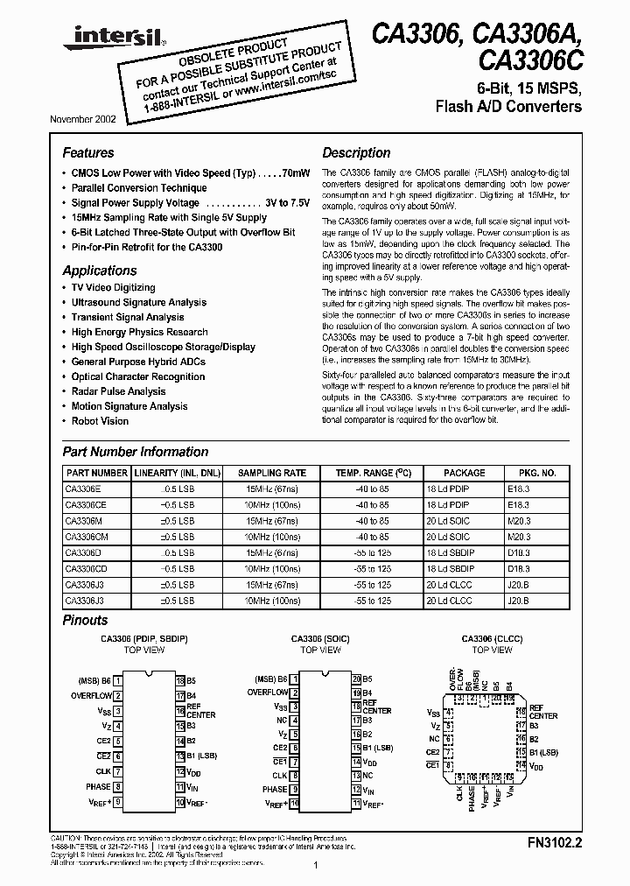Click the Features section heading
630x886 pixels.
[x=88, y=152]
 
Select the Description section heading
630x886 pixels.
[x=356, y=152]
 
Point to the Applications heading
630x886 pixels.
[x=100, y=271]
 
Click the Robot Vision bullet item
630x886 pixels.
[x=100, y=421]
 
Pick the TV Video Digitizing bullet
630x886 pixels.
[x=113, y=287]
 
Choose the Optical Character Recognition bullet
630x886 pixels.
[x=137, y=376]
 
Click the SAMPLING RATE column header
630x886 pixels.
[x=272, y=473]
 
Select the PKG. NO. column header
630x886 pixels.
[x=525, y=473]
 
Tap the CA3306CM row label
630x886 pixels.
[x=86, y=537]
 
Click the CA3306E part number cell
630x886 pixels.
[x=83, y=489]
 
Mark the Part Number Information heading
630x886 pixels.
[x=136, y=452]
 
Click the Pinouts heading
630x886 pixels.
[x=86, y=620]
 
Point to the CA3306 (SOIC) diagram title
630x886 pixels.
[x=325, y=639]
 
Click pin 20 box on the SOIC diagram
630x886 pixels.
[x=356, y=679]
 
